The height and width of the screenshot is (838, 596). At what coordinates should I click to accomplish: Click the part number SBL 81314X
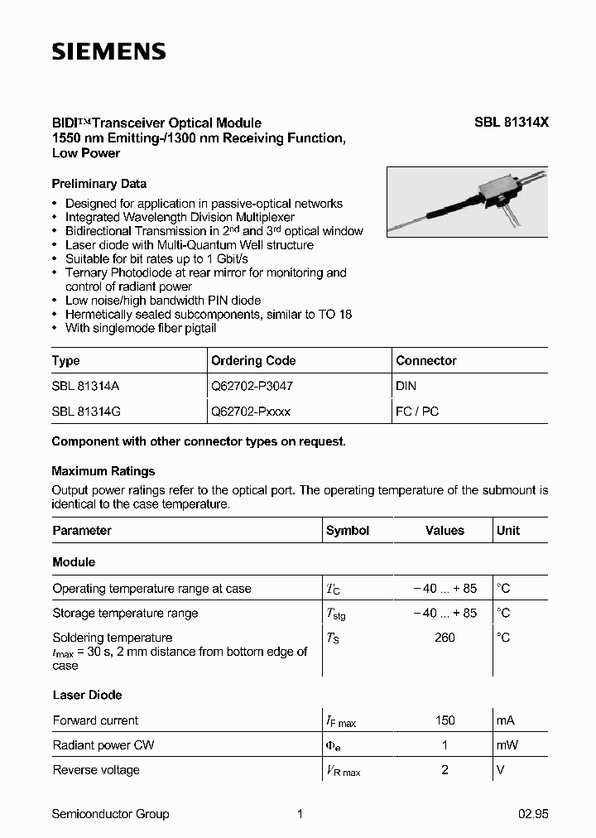(511, 123)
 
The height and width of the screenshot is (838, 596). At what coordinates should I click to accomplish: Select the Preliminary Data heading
(99, 184)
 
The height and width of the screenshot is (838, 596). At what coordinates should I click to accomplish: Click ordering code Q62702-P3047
(252, 386)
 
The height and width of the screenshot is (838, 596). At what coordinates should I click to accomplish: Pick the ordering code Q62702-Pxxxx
(251, 411)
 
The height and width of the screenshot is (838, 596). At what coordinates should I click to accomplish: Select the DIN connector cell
(406, 386)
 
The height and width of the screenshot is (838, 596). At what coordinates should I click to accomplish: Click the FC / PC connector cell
(417, 411)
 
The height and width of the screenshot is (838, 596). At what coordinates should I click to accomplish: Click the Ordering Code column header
(253, 361)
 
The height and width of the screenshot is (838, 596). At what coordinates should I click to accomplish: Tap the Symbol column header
(348, 531)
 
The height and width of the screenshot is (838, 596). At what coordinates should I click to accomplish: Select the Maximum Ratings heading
(103, 471)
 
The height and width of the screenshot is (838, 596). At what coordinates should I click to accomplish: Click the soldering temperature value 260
(445, 638)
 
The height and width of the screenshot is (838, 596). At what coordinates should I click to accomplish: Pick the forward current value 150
(445, 720)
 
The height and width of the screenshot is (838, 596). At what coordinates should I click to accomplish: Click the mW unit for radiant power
(507, 745)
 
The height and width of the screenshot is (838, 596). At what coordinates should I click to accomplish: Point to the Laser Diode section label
(87, 696)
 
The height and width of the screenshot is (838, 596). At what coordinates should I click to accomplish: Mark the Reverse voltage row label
(96, 770)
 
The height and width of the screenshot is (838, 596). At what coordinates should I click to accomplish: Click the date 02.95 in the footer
(533, 814)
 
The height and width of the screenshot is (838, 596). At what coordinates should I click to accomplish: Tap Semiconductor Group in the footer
(110, 814)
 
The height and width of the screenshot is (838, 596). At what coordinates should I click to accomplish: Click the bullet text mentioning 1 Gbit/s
(156, 259)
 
